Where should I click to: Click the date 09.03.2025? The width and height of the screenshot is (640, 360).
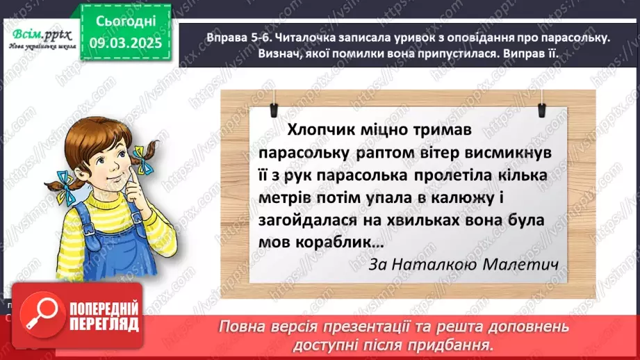124,42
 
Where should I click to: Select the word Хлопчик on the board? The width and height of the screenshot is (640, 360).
320,129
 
